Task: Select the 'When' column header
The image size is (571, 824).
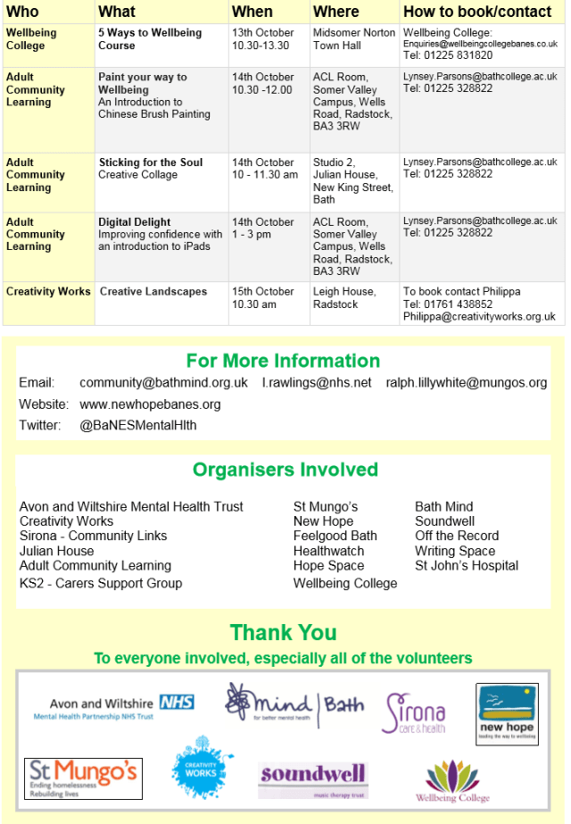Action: click(252, 12)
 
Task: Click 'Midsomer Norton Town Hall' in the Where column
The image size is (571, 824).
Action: click(354, 38)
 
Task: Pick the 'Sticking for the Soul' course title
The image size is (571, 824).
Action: click(151, 162)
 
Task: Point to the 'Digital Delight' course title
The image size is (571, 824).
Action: click(135, 222)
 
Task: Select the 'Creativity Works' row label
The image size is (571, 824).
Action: click(48, 292)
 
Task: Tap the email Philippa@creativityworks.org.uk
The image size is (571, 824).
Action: click(479, 317)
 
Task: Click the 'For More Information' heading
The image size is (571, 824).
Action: click(283, 361)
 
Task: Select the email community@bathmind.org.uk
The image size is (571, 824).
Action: click(163, 383)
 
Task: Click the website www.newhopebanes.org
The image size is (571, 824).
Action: click(150, 404)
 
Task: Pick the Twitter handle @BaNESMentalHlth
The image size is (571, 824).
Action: click(138, 426)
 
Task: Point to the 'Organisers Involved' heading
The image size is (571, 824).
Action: click(285, 470)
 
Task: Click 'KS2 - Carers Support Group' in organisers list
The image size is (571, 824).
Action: click(101, 583)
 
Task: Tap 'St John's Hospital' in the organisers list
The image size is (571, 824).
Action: click(467, 565)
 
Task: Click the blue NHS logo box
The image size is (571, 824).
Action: click(177, 703)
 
